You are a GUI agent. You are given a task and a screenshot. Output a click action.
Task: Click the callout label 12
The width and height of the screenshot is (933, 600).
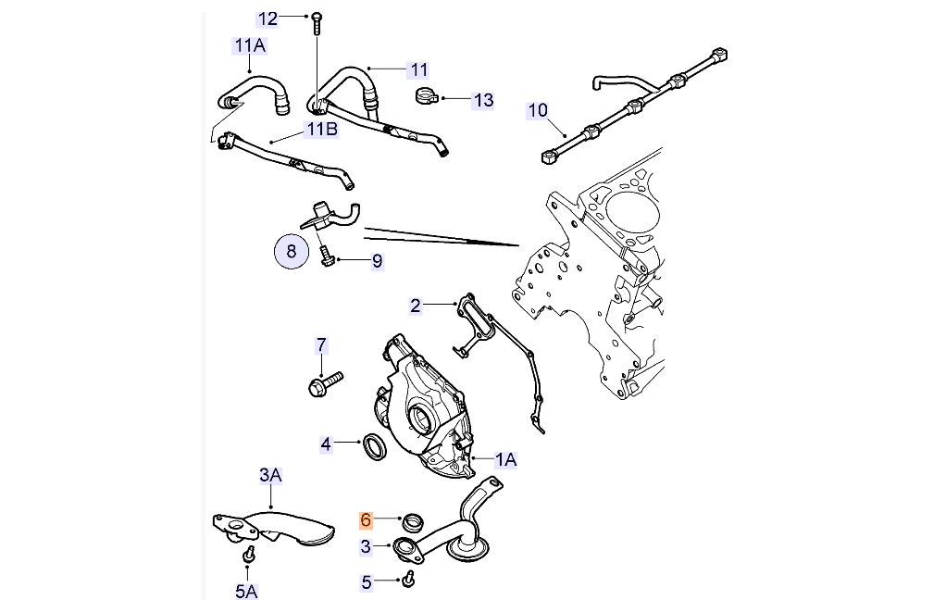[x=267, y=19]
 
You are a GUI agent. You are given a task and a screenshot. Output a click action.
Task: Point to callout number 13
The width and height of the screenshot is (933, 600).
[x=484, y=100]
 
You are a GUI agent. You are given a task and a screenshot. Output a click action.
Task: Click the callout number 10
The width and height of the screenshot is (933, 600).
[x=538, y=111]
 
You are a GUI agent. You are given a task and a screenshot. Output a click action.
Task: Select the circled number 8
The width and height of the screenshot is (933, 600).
[x=292, y=250]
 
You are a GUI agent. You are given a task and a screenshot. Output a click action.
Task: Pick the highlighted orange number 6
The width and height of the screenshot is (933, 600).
[x=366, y=521]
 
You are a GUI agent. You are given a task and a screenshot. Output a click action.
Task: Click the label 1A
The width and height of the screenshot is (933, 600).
[x=506, y=459]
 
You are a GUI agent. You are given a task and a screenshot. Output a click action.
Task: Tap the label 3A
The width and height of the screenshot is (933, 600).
[x=269, y=475]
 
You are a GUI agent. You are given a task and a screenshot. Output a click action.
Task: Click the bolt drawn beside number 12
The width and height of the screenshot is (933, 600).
[x=317, y=21]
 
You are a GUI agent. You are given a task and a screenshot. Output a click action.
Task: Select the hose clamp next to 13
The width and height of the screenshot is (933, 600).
[x=427, y=94]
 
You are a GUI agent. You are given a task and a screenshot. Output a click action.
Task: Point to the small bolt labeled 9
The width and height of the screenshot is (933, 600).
[x=327, y=255]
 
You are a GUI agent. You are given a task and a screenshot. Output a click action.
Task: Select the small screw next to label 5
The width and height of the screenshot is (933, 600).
[x=409, y=580]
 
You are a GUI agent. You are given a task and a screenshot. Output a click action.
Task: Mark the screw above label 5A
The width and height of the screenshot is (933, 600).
[x=248, y=556]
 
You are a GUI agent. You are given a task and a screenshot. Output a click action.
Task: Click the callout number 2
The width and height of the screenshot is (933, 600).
[x=416, y=305]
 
